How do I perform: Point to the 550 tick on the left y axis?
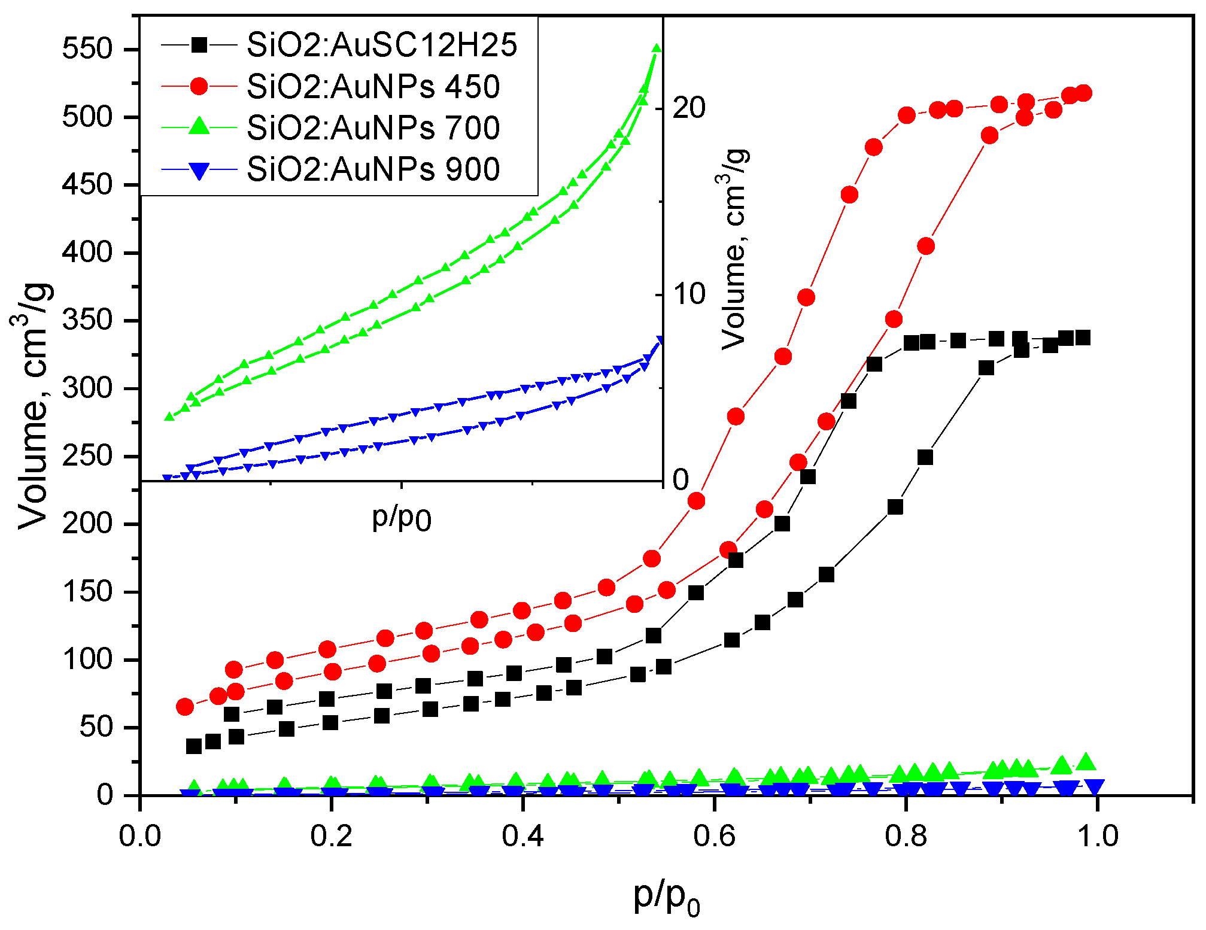point(87,48)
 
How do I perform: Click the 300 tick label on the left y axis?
point(87,389)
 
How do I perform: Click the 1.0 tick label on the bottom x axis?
point(1097,836)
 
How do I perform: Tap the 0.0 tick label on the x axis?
point(140,836)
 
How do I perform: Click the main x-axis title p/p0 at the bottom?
point(666,898)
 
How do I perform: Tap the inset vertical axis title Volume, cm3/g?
point(734,248)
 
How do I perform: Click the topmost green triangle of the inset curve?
point(657,49)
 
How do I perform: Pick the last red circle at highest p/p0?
point(1083,93)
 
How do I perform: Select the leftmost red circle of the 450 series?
point(185,707)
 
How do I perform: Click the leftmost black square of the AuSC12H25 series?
point(194,746)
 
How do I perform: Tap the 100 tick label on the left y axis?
point(87,661)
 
